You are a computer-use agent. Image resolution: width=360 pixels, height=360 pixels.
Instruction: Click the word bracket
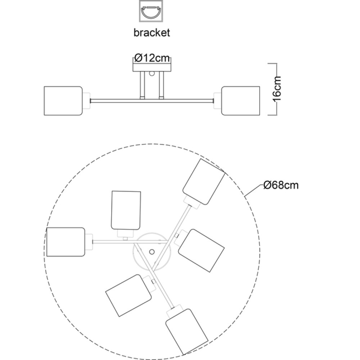point(152,33)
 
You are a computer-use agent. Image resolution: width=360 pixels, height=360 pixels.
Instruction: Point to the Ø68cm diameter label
point(281,185)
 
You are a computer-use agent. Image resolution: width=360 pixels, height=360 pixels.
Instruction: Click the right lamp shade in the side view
point(240,101)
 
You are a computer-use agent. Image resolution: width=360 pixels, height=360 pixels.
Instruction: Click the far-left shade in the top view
point(66,242)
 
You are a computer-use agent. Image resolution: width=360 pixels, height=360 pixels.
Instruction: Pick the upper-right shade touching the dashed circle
point(204,182)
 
